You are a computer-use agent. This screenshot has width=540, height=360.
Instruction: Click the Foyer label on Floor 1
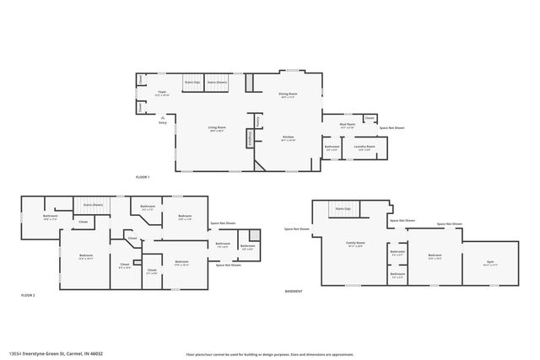[x=162, y=93]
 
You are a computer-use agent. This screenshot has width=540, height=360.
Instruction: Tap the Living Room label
[x=218, y=129]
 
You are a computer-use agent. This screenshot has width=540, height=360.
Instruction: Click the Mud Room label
[x=347, y=125]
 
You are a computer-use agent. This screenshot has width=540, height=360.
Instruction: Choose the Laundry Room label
[x=365, y=148]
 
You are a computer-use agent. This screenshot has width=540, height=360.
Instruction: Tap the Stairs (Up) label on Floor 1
[x=192, y=82]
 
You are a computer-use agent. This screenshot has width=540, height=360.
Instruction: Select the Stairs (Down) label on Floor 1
[x=218, y=82]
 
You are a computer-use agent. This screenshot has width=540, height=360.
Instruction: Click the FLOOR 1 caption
[x=142, y=177]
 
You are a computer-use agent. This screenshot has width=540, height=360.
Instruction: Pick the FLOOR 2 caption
[x=28, y=295]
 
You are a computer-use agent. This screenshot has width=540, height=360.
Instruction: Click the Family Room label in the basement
[x=355, y=244]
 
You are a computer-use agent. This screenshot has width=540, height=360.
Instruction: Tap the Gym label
[x=489, y=263]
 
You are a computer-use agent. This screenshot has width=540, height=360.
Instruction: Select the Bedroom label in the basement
[x=435, y=255]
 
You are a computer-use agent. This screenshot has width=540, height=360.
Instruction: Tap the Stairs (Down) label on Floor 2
[x=92, y=205]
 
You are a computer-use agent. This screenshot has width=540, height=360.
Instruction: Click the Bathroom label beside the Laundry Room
[x=332, y=148]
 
